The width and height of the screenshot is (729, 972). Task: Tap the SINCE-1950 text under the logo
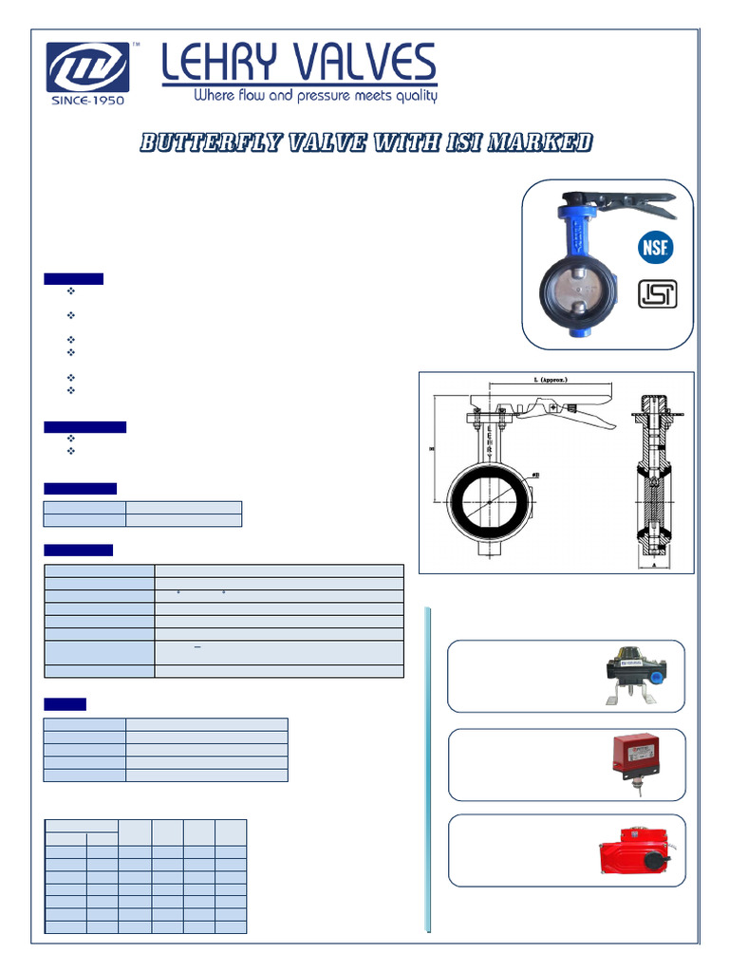pyautogui.click(x=87, y=98)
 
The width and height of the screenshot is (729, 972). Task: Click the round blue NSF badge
pyautogui.click(x=655, y=249)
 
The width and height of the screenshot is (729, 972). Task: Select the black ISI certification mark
pyautogui.click(x=656, y=295)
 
